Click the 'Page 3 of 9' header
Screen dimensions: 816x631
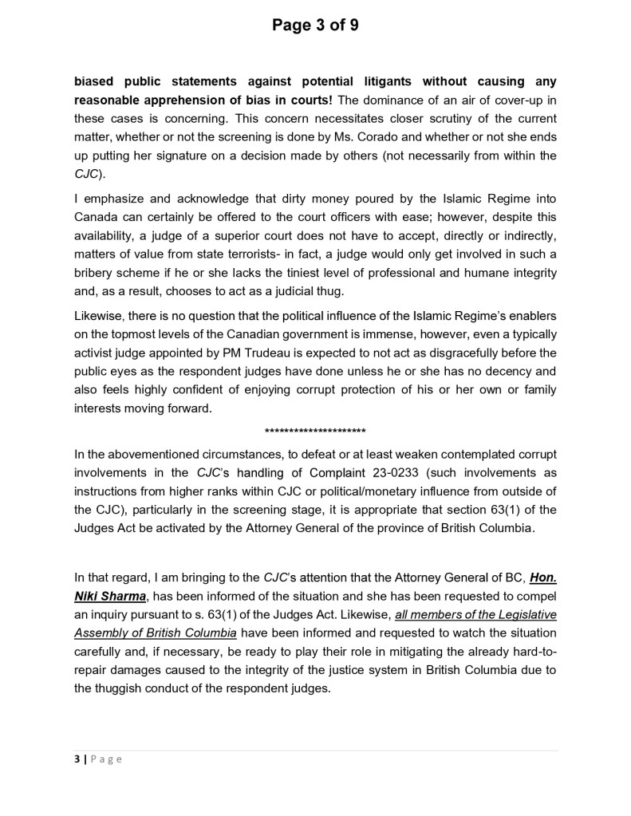315,26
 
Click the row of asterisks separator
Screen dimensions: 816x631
315,432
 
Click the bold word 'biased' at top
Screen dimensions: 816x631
94,81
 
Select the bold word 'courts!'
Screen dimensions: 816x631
314,100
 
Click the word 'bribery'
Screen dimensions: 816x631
96,273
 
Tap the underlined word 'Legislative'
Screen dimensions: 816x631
520,614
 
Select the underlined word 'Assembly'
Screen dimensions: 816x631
100,633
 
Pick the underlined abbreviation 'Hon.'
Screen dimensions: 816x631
542,578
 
